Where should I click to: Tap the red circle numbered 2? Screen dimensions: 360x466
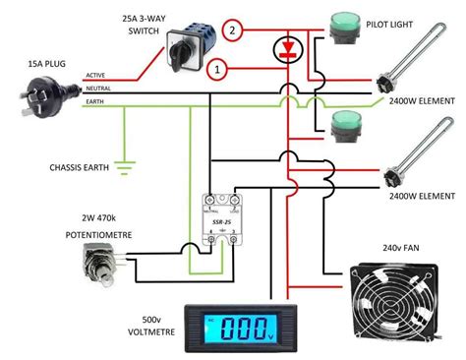click(233, 30)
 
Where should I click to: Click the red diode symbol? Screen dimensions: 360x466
click(287, 48)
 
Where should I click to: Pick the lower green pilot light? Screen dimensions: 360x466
click(345, 124)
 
